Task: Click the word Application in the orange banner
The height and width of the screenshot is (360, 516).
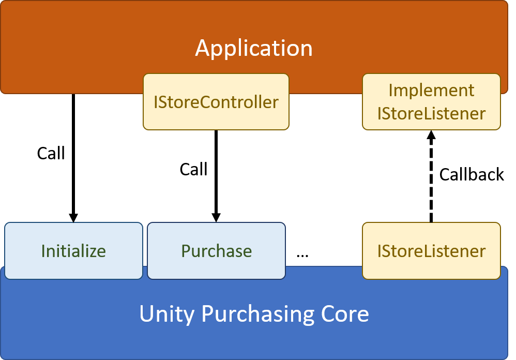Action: [x=253, y=49]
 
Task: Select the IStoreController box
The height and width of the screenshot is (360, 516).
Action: [x=216, y=102]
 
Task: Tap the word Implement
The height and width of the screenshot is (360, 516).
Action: [x=431, y=90]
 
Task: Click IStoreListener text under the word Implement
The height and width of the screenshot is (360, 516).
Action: [x=431, y=113]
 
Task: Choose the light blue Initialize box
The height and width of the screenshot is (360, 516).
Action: [x=73, y=251]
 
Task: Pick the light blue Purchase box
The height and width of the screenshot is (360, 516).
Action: [x=216, y=251]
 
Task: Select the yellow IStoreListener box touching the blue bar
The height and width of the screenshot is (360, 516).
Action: [x=431, y=251]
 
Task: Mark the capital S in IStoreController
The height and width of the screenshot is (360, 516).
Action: [x=162, y=102]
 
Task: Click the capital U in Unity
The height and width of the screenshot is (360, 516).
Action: [x=147, y=314]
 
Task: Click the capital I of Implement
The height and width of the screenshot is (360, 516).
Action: [x=391, y=90]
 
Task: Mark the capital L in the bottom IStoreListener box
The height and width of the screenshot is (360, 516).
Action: [x=423, y=251]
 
